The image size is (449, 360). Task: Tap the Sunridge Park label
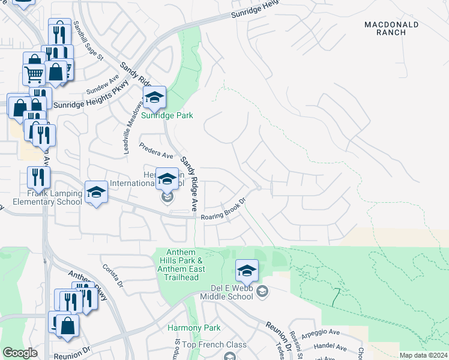(167, 115)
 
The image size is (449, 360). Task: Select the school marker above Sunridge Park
(154, 97)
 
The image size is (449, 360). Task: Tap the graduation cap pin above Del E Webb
(246, 271)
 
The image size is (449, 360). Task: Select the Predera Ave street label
(155, 151)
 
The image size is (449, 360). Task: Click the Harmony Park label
(194, 328)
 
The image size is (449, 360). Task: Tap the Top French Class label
(214, 344)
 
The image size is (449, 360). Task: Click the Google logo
(20, 353)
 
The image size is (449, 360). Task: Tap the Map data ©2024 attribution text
(424, 355)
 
